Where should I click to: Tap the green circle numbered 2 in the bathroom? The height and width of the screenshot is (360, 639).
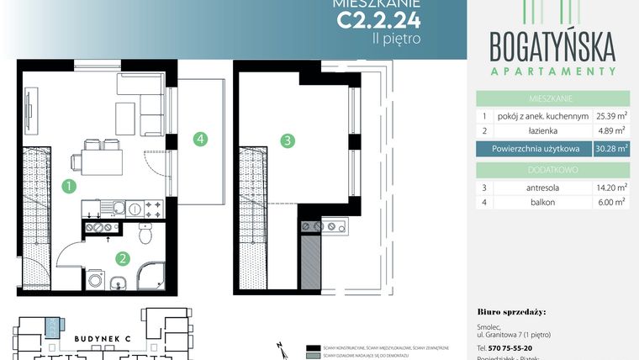[122, 259]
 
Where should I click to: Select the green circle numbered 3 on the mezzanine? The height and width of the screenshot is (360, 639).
[288, 141]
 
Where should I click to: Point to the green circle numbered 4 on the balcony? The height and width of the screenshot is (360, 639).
[199, 140]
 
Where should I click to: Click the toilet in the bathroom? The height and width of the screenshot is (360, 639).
[145, 236]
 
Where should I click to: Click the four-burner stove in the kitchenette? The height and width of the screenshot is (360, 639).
[153, 207]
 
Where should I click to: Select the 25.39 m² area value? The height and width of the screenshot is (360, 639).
[611, 115]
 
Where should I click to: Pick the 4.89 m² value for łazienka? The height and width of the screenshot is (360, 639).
[611, 131]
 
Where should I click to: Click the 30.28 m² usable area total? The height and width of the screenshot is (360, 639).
[611, 149]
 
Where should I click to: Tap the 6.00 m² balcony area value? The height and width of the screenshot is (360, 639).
[611, 203]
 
